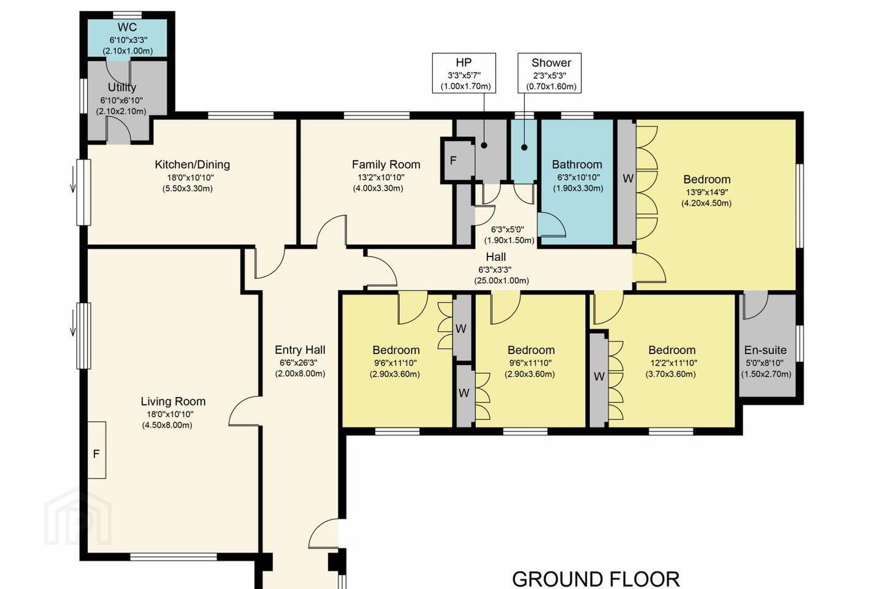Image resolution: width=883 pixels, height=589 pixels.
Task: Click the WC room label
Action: click(128, 27)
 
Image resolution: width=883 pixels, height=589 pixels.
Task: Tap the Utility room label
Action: click(122, 87)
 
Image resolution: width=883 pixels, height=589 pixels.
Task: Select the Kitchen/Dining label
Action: click(193, 164)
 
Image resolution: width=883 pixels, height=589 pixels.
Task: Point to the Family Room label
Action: click(386, 164)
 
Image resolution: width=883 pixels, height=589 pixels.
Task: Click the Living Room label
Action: click(173, 402)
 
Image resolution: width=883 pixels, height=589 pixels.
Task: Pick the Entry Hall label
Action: click(300, 350)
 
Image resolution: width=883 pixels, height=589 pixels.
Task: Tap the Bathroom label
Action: click(577, 164)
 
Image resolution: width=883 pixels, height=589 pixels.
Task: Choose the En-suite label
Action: click(765, 350)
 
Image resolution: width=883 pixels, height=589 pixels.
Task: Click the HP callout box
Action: click(464, 74)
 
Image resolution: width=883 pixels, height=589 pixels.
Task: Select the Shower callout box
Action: click(549, 74)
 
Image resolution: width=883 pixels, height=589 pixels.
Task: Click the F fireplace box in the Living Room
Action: click(97, 450)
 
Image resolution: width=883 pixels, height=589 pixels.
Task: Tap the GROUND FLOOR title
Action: click(596, 580)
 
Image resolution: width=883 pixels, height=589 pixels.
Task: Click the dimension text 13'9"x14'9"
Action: click(707, 193)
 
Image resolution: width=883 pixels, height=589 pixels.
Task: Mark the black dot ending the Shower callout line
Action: click(524, 147)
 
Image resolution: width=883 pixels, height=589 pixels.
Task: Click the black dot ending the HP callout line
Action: click(484, 145)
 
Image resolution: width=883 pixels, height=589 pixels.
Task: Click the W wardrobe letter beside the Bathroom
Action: click(628, 179)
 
